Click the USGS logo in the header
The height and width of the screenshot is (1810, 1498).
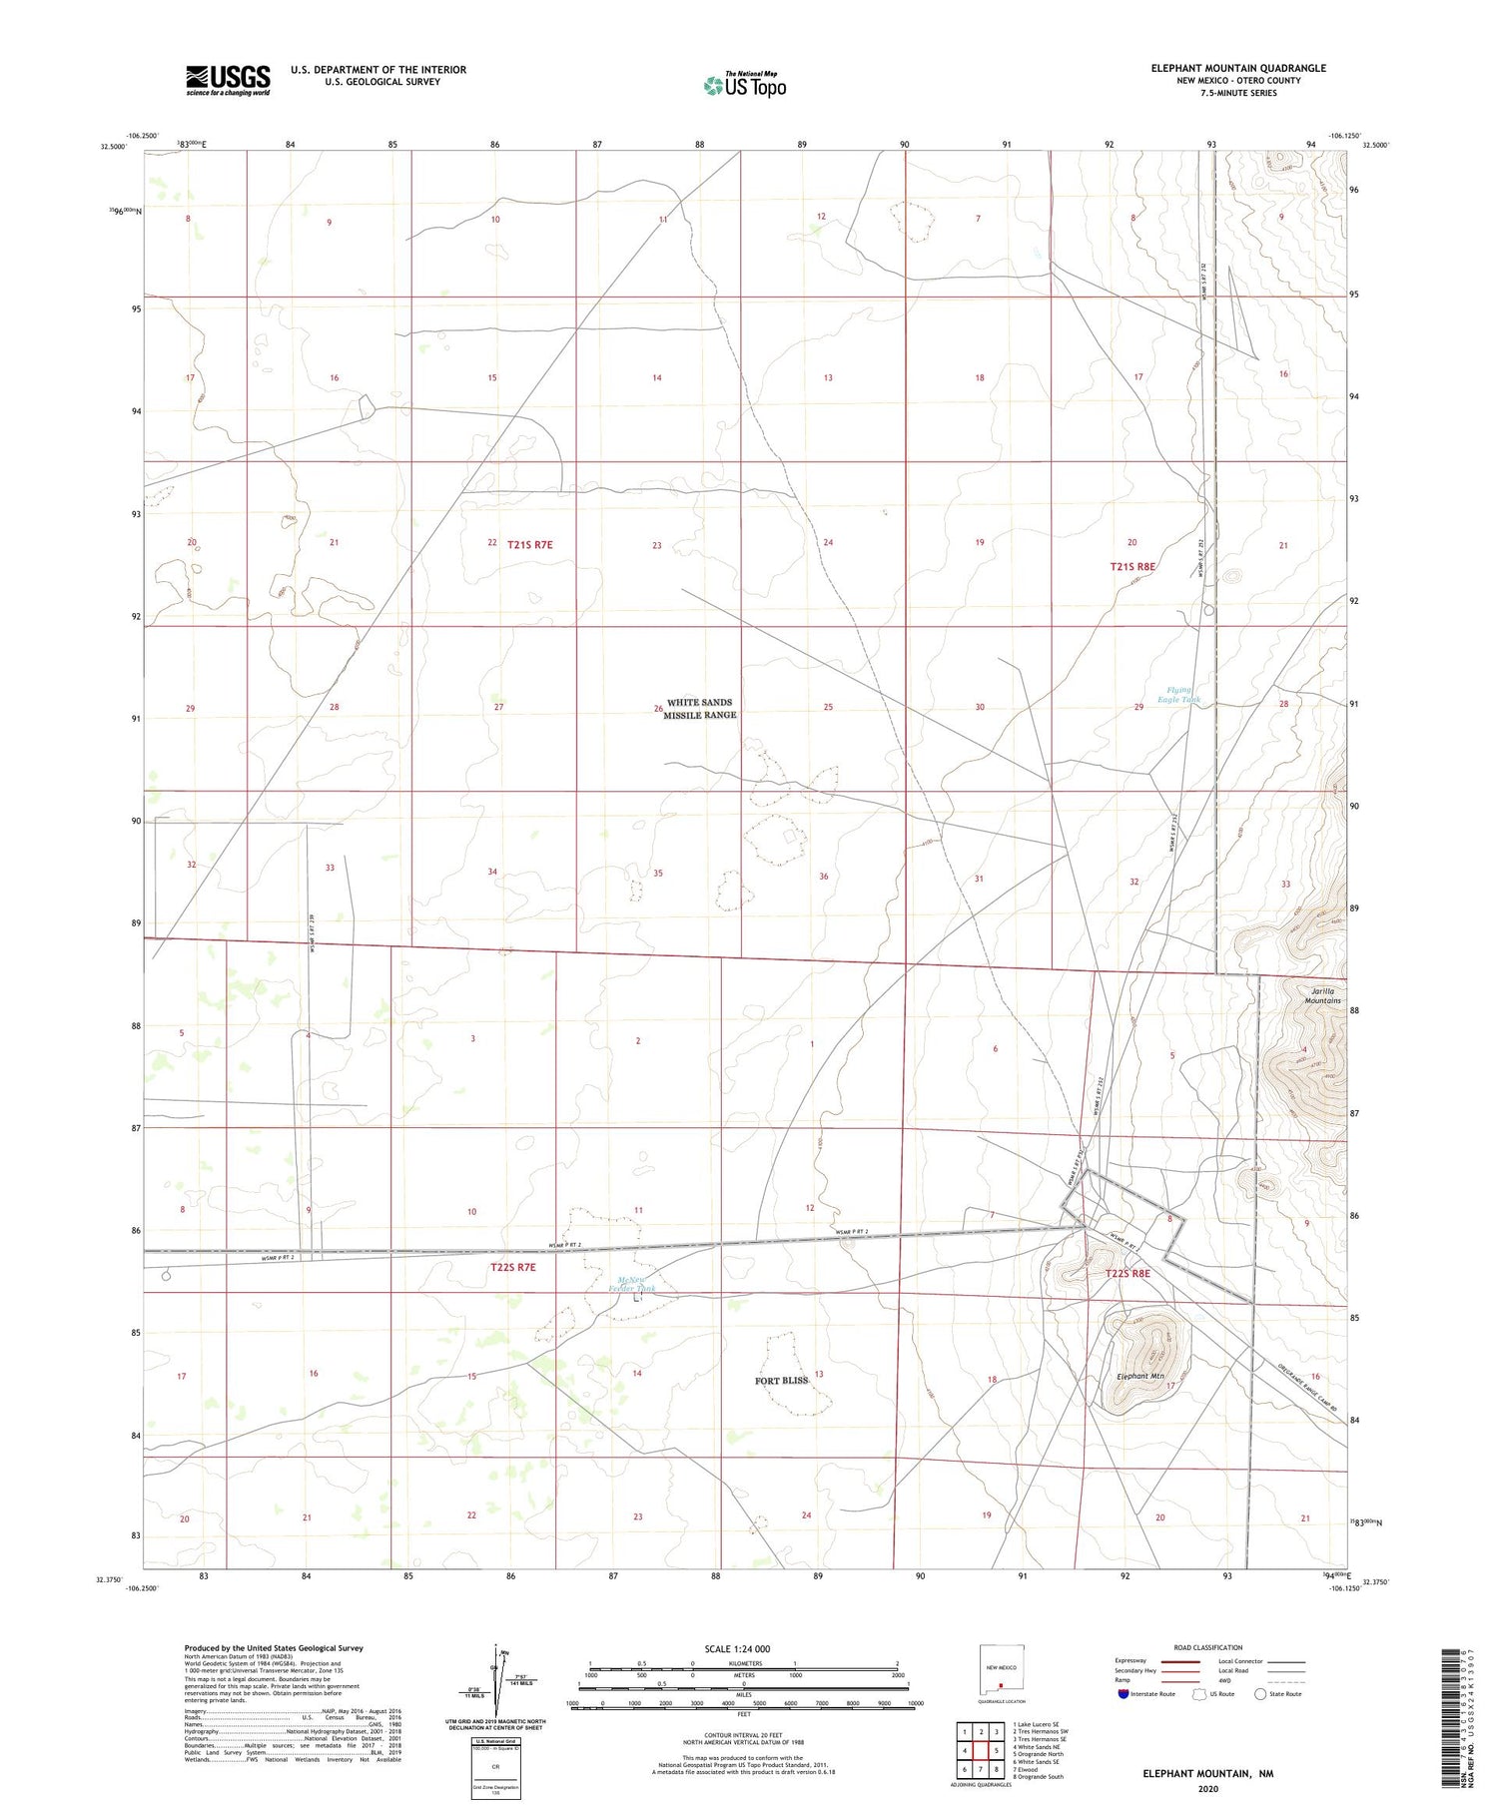point(228,80)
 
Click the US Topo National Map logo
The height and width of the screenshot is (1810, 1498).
point(744,85)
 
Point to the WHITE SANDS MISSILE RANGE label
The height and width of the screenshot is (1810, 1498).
point(700,709)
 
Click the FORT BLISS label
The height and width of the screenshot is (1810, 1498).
point(781,1381)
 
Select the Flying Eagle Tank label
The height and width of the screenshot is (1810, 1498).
point(1178,695)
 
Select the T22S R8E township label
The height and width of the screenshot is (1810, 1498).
point(1127,1274)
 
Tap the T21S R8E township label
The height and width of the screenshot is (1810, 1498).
point(1132,566)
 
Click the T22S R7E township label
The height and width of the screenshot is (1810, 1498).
point(513,1267)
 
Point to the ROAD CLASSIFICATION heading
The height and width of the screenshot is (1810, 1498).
point(1208,1647)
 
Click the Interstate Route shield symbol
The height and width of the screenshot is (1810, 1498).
point(1124,1694)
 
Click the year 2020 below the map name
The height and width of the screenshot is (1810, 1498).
point(1207,1789)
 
